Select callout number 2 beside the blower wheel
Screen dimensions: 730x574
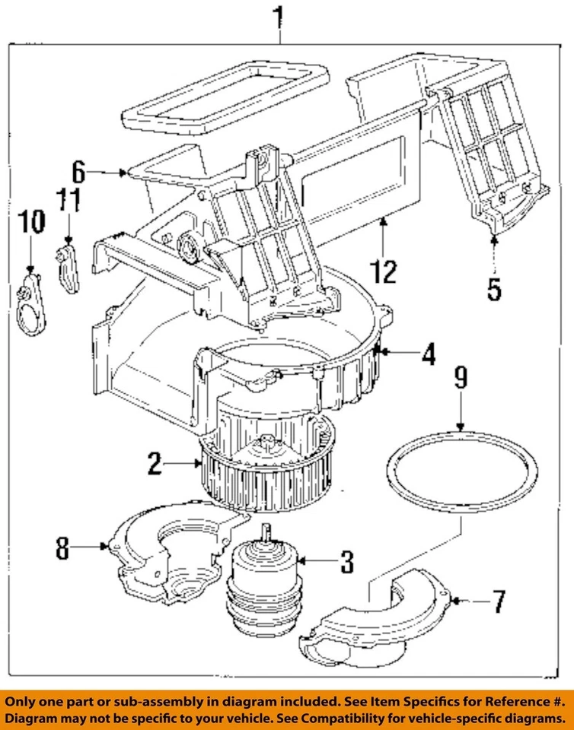point(155,464)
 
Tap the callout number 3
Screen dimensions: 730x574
point(346,562)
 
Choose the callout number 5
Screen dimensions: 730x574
point(494,288)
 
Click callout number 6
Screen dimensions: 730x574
point(78,170)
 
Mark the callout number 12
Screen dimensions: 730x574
point(387,270)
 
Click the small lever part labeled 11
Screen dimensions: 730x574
point(69,267)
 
